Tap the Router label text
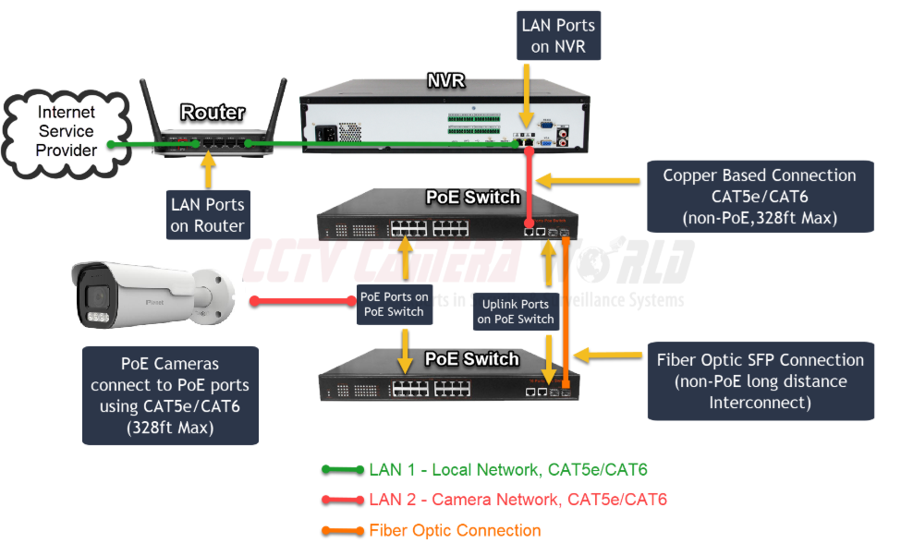[x=213, y=113]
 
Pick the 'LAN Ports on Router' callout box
[x=207, y=213]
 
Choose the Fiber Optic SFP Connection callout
[x=760, y=381]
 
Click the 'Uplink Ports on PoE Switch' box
[x=516, y=312]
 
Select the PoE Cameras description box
[x=170, y=395]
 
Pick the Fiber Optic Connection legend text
[x=455, y=530]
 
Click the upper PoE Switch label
[x=472, y=197]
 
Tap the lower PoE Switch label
[x=472, y=358]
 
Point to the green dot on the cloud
[x=109, y=144]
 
